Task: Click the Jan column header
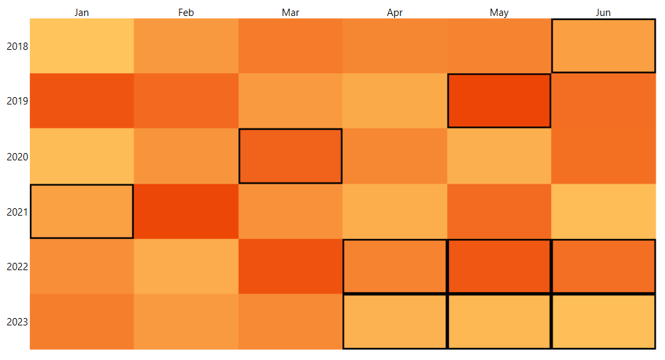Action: point(82,13)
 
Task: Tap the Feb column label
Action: point(186,13)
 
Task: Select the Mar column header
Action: point(291,13)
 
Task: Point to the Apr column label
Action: point(395,13)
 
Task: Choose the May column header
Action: point(499,13)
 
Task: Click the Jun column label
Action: point(603,13)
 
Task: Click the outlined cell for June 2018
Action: point(603,46)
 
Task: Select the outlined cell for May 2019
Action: point(499,100)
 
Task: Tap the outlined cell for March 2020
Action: point(291,156)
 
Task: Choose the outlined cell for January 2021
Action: point(82,211)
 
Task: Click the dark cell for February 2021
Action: point(186,211)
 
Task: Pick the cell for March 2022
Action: point(291,266)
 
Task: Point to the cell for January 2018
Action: point(82,46)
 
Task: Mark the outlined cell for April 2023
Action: point(395,321)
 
